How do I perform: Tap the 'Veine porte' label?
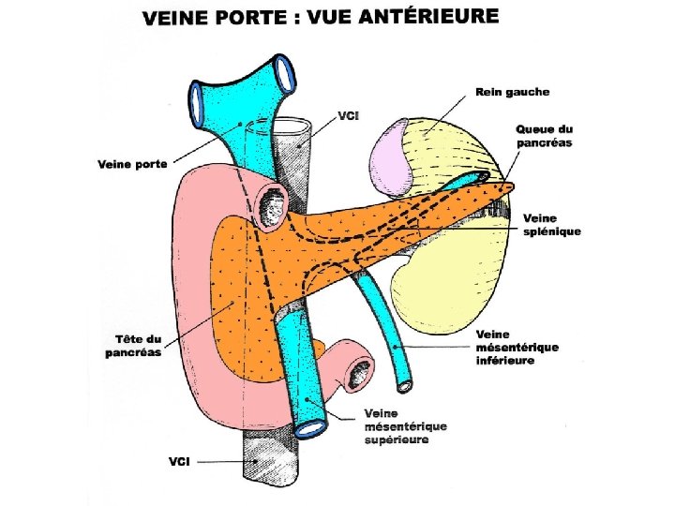tap(132, 164)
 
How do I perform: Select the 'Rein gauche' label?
tap(512, 92)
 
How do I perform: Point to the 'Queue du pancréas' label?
tap(545, 136)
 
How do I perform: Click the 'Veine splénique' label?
tap(551, 225)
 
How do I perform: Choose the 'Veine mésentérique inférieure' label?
tap(517, 347)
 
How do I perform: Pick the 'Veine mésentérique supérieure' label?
tap(405, 426)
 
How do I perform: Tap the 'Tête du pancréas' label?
tap(132, 345)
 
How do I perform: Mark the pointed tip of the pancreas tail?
tap(511, 186)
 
